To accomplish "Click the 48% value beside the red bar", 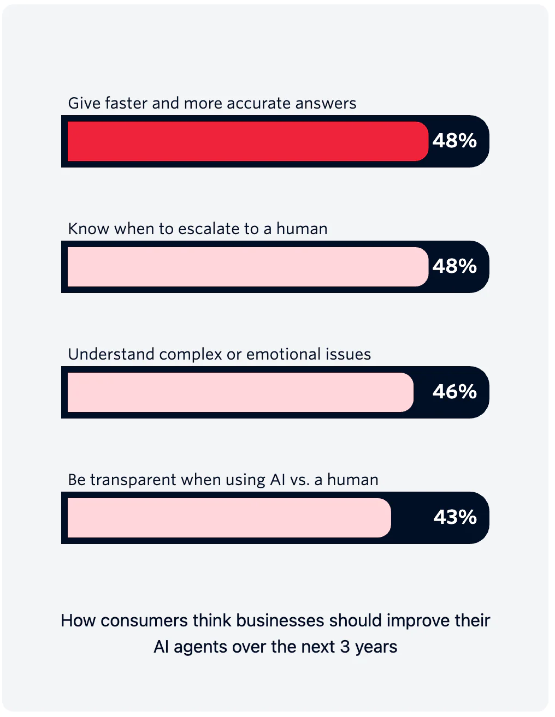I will (454, 141).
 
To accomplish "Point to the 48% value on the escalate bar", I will (454, 267).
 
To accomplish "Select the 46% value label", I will (454, 392).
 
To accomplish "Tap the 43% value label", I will (455, 518).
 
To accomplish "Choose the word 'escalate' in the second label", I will (210, 229).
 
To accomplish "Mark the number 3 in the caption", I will (345, 647).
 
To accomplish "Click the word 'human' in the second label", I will (302, 229).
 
